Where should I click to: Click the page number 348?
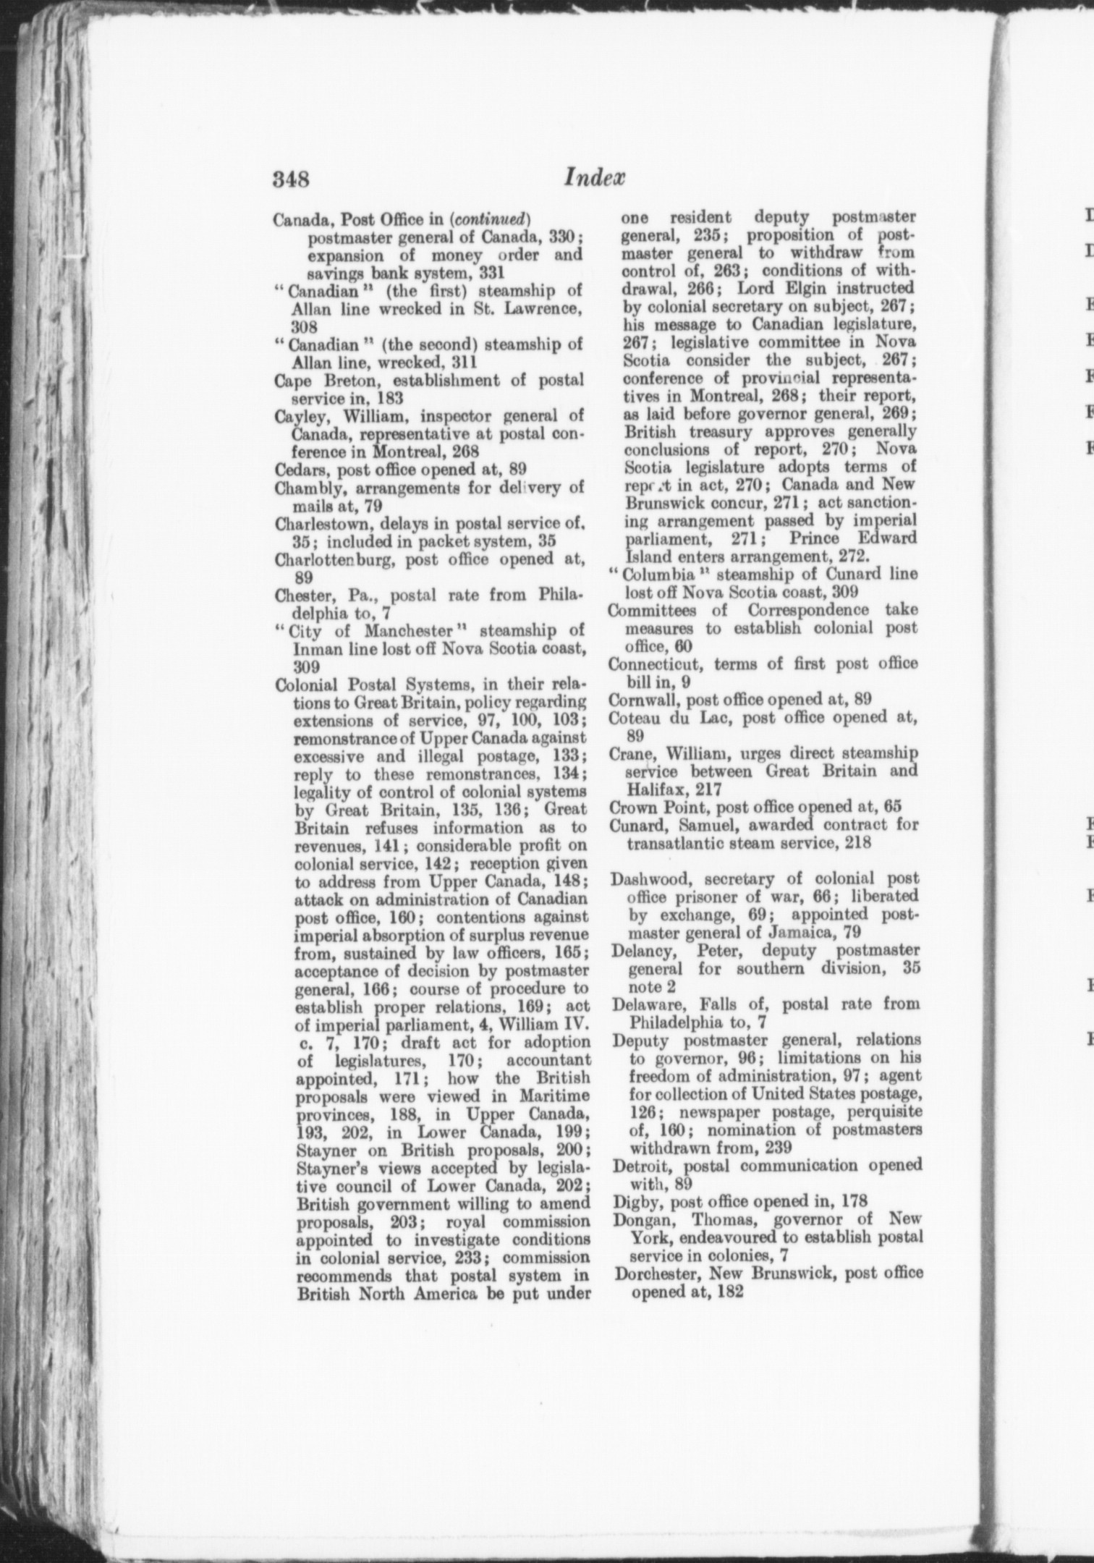tap(291, 179)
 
